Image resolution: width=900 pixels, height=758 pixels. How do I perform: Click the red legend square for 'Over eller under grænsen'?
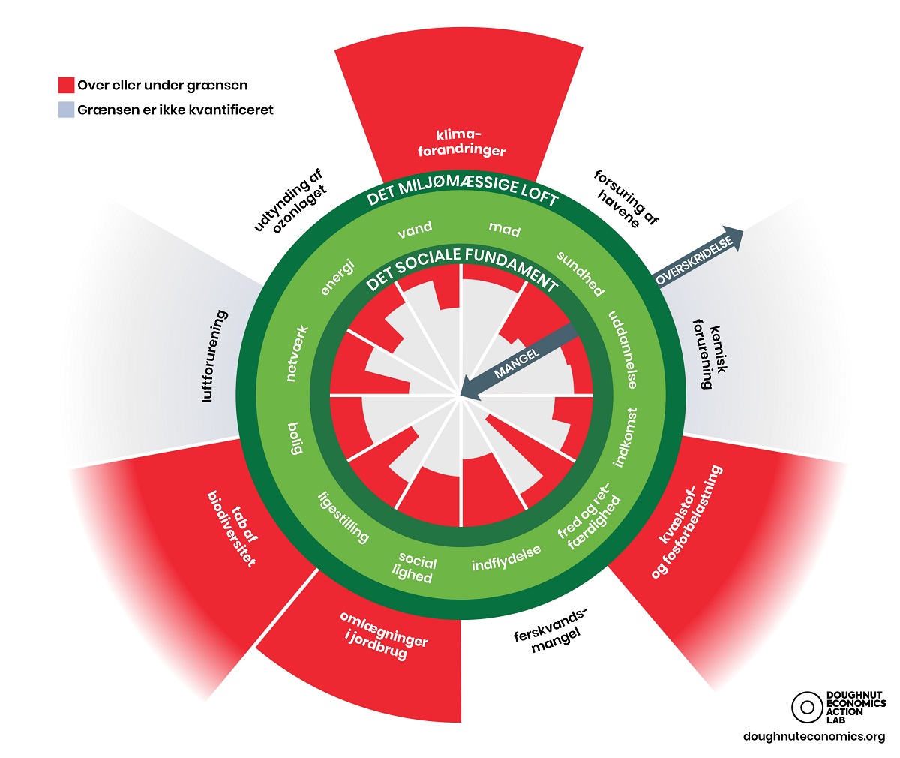pos(67,85)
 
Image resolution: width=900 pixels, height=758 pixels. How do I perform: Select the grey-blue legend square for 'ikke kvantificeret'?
pos(67,110)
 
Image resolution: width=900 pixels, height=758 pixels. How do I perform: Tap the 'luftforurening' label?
pos(216,356)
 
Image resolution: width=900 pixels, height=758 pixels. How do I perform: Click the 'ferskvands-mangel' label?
pos(551,630)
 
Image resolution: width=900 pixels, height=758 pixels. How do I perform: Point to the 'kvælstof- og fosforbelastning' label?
pos(685,521)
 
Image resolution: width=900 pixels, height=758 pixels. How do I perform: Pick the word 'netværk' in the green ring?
pos(298,353)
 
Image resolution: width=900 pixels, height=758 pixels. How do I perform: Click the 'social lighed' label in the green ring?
pos(415,567)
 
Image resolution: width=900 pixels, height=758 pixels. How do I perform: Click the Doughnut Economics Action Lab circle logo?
pos(807,707)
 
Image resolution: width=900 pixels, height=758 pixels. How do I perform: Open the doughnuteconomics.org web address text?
pos(814,737)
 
